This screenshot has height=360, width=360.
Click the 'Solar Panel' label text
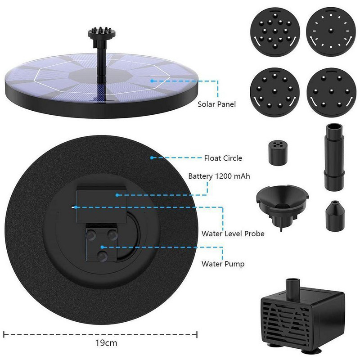click(x=216, y=104)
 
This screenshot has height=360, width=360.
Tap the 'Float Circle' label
click(x=223, y=158)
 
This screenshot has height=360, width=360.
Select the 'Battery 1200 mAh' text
click(x=219, y=176)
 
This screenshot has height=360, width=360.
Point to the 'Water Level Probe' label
click(x=233, y=234)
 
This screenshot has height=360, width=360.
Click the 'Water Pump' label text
click(x=223, y=264)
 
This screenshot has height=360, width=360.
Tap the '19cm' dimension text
click(x=106, y=343)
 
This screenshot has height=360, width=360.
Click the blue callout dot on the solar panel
click(x=152, y=81)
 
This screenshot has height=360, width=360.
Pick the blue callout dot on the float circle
click(x=152, y=158)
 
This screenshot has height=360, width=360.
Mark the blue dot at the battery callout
click(x=117, y=195)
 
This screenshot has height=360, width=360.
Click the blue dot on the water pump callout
click(x=103, y=247)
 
